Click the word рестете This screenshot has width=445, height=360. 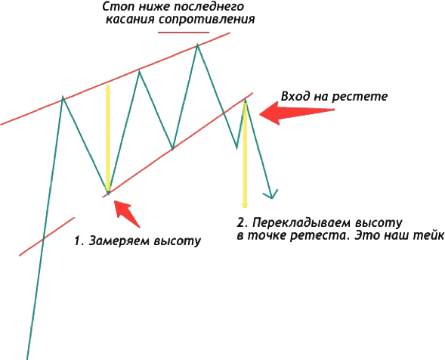pos(360,97)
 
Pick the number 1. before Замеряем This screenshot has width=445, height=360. pos(79,241)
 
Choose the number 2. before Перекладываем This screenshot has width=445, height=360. pos(243,222)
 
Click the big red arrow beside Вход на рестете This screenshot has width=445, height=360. pos(297,113)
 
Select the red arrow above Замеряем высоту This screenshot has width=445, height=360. pos(127,214)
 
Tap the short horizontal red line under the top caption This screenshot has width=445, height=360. pos(184,33)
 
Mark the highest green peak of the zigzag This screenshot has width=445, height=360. pos(197,45)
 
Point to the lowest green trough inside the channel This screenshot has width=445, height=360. pos(108,194)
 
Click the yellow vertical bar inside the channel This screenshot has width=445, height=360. pos(107,138)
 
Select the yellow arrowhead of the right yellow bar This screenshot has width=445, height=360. pos(244,205)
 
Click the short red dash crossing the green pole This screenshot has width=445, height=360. pos(47,237)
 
